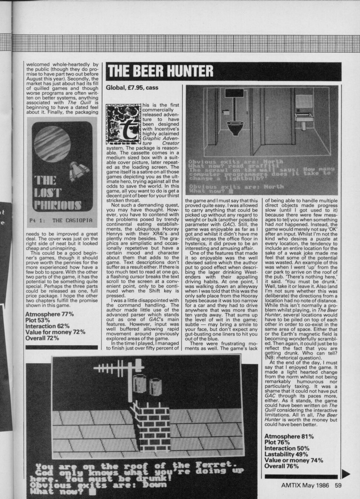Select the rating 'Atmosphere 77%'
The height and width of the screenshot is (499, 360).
(49, 314)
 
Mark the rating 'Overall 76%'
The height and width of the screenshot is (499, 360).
(282, 466)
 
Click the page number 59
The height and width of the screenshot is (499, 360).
(338, 485)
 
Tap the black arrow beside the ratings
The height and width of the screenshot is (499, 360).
(345, 473)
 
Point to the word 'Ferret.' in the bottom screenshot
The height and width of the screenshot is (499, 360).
(216, 465)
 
